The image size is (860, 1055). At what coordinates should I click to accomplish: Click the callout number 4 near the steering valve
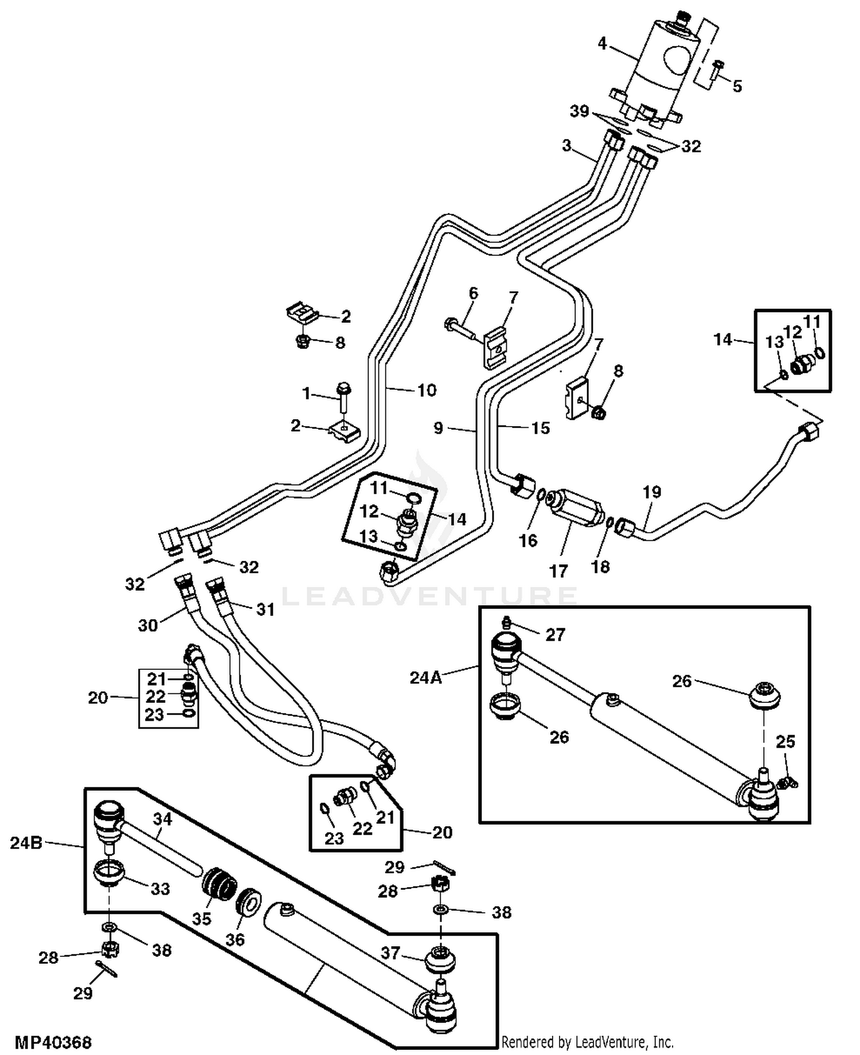click(602, 44)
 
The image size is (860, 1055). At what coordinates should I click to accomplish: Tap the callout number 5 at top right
click(737, 86)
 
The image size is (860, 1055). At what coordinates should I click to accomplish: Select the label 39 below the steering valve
click(579, 111)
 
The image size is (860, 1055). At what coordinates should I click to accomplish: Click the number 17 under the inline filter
click(558, 571)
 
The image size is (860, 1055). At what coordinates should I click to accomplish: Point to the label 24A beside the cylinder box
click(425, 678)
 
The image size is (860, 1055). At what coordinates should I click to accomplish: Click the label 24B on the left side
click(26, 843)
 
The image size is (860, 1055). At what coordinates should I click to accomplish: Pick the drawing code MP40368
click(53, 1041)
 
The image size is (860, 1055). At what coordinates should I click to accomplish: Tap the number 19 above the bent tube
click(652, 492)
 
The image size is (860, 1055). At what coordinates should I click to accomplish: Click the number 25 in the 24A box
click(785, 741)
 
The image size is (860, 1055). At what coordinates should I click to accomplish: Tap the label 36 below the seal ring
click(235, 939)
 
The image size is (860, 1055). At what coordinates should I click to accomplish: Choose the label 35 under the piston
click(202, 919)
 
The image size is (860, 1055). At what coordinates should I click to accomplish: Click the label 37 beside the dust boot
click(390, 952)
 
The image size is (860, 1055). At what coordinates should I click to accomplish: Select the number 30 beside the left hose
click(148, 625)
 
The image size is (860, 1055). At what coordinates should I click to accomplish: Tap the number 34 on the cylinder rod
click(162, 819)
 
